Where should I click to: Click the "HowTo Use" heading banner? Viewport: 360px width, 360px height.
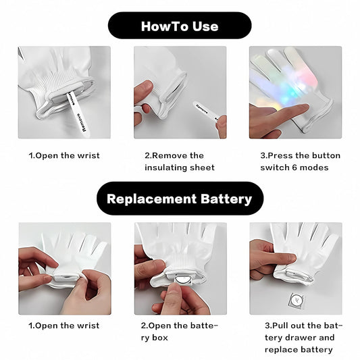pos(180,26)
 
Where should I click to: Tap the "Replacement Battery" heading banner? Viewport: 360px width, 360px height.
pos(180,199)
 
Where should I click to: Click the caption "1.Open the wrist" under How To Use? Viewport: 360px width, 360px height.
pos(64,155)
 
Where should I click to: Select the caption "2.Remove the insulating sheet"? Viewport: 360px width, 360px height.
pos(180,161)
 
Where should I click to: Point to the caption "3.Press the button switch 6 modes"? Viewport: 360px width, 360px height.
pos(301,161)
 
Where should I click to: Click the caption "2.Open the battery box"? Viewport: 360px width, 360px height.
pos(179,332)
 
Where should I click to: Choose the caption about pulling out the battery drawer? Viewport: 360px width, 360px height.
pos(303,338)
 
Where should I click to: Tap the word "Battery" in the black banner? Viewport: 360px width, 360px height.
pos(226,199)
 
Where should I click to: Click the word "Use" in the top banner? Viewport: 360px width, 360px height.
pos(205,26)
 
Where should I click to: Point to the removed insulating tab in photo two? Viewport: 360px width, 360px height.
pos(205,112)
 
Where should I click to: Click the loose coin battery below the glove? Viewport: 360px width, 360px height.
pos(297,301)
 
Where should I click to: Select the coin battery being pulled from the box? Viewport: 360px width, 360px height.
pos(182,280)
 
